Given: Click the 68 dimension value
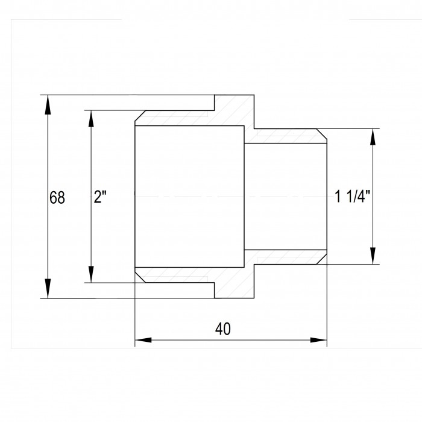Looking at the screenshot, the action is coord(57,198).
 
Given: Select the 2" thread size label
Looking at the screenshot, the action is coord(100,197).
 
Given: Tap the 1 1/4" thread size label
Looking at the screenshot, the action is coord(353,196).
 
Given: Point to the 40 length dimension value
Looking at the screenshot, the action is coord(223,329).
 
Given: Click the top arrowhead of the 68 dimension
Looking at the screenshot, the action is coord(48,104).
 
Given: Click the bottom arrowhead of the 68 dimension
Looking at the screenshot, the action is coord(48,289).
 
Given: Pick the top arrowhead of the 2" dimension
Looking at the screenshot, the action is coord(91,119).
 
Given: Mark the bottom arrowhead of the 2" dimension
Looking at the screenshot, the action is coord(91,274).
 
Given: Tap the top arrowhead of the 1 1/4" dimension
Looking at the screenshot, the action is coord(373,137).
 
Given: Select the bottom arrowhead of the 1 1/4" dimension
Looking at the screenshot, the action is coord(373,256).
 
